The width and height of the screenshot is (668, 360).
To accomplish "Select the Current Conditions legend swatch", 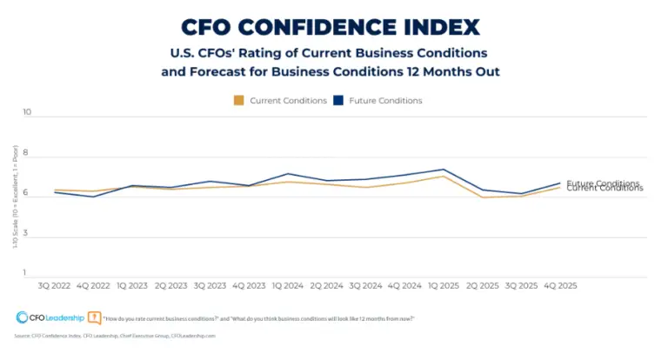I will (x=238, y=101).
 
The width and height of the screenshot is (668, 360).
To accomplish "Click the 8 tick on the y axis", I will (x=27, y=154).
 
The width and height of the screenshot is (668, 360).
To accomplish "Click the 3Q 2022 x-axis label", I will (x=55, y=285).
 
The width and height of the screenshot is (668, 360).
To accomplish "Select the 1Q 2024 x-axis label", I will (x=289, y=285).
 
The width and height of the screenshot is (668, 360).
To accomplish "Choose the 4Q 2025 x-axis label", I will (x=559, y=285).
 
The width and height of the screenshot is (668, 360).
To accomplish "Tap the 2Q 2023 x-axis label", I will (x=171, y=285).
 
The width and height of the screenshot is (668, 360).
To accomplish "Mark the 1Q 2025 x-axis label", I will (x=443, y=285).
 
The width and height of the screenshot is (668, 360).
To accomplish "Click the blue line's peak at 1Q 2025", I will (x=444, y=170).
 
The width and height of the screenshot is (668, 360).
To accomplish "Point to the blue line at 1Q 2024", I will (x=289, y=174).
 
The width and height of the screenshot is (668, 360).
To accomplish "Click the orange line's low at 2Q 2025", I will (x=483, y=197).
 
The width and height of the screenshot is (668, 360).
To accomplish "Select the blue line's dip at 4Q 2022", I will (x=94, y=197).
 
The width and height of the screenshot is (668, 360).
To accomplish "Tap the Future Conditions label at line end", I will (x=603, y=183).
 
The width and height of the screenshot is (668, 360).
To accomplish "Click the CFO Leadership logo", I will (x=50, y=318).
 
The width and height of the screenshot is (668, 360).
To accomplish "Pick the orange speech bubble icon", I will (x=95, y=318).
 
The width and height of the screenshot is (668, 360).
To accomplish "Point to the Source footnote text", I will (x=114, y=335).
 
